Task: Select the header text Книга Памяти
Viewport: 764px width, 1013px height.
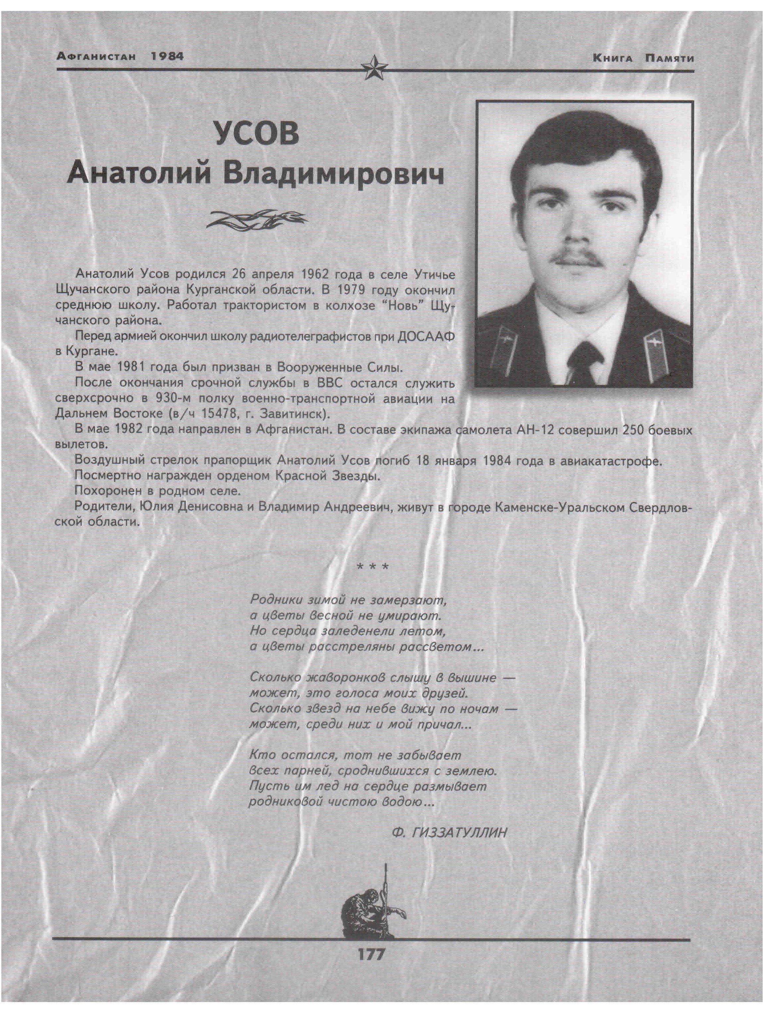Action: [x=643, y=58]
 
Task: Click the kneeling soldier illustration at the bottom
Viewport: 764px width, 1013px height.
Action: [x=371, y=904]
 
